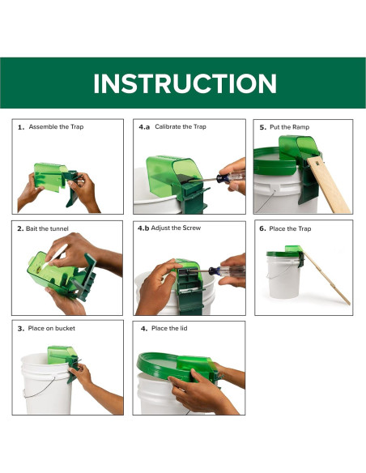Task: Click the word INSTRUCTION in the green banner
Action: click(x=185, y=83)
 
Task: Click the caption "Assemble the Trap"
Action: click(x=56, y=126)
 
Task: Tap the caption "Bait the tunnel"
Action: click(x=47, y=228)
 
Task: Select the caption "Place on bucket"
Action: click(x=52, y=328)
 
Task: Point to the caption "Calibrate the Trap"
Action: click(x=181, y=126)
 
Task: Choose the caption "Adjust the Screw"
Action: click(x=176, y=228)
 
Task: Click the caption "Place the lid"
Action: click(x=169, y=328)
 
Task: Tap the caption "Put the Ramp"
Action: click(x=289, y=127)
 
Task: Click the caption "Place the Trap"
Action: click(x=290, y=228)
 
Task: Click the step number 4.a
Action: click(x=144, y=127)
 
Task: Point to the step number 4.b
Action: click(x=143, y=228)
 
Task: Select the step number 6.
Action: click(x=262, y=228)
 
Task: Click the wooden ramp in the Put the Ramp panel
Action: click(x=329, y=185)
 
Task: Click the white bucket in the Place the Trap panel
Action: click(x=283, y=277)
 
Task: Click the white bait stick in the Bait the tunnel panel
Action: click(x=54, y=257)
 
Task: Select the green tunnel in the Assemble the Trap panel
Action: click(x=49, y=177)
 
